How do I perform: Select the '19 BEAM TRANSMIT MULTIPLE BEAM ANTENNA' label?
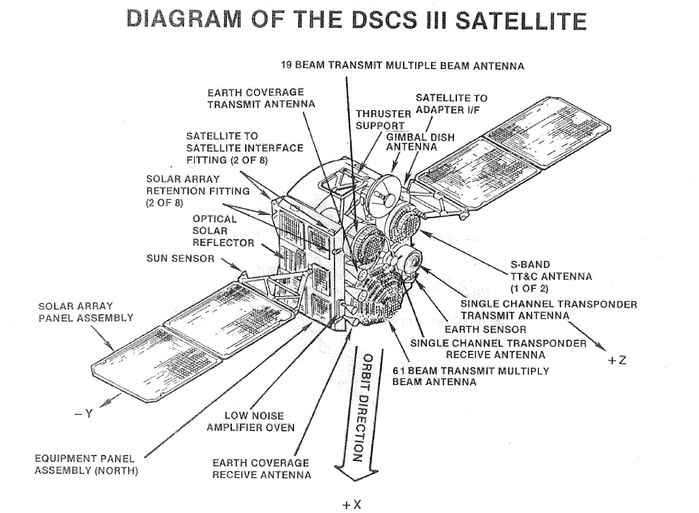point(402,66)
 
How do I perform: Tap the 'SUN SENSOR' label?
point(180,259)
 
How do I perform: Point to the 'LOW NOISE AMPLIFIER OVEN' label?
point(250,421)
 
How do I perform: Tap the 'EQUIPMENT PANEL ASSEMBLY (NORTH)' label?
point(85,464)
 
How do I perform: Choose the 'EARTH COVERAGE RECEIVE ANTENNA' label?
point(261,469)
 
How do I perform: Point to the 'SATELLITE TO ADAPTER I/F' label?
point(451,103)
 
